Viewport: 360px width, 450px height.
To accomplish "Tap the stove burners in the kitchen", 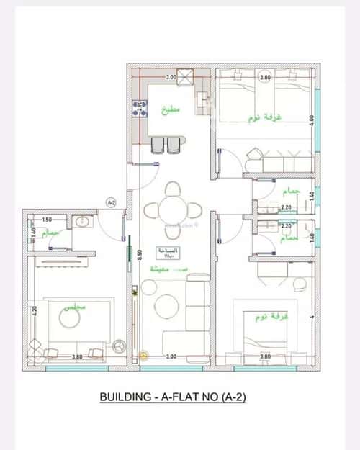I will coord(136,110).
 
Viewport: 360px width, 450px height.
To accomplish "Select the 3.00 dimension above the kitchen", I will coord(171,76).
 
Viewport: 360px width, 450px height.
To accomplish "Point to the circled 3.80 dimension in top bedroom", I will coord(265,77).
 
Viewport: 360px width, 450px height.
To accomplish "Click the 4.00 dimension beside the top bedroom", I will coord(311,119).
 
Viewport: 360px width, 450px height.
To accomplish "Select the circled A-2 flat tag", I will coord(111,203).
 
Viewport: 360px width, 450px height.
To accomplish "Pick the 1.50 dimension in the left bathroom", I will coord(47,220).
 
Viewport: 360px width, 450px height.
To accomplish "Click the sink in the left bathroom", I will coord(81,221).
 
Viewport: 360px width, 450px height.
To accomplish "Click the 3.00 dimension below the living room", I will coord(171,356).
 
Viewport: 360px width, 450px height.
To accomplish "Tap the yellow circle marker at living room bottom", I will coord(143,354).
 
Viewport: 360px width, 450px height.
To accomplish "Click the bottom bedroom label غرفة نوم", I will coord(257,316).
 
